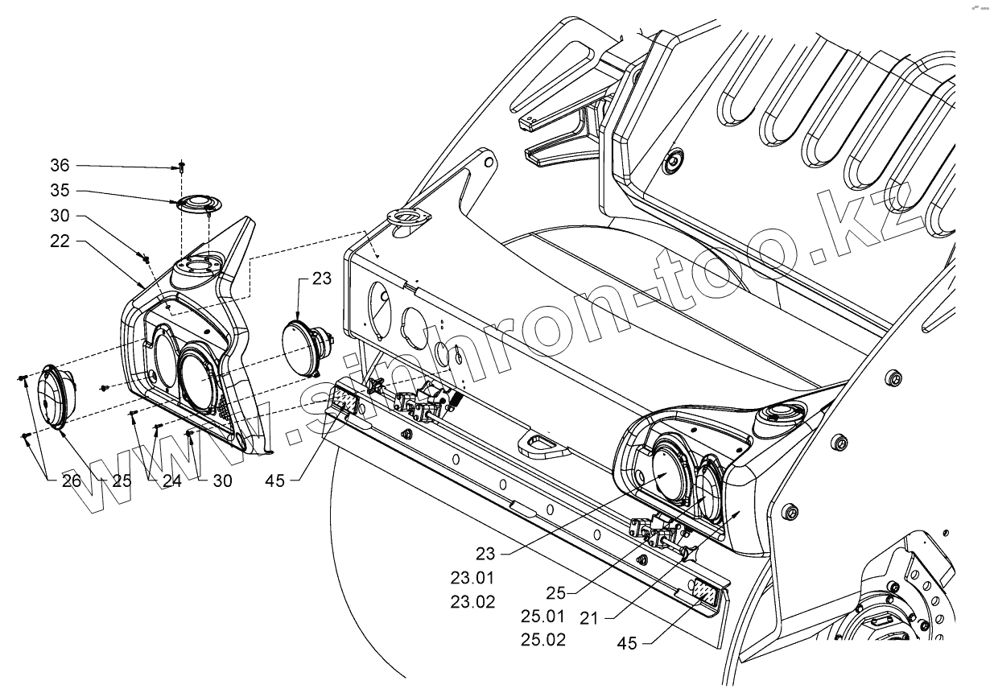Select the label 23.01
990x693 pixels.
click(474, 577)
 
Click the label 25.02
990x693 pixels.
click(543, 641)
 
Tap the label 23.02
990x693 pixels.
click(474, 601)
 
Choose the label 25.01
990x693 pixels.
click(543, 617)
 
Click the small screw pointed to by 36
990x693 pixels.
click(182, 167)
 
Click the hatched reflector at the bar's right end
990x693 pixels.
click(706, 594)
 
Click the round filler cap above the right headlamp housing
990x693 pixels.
click(776, 416)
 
